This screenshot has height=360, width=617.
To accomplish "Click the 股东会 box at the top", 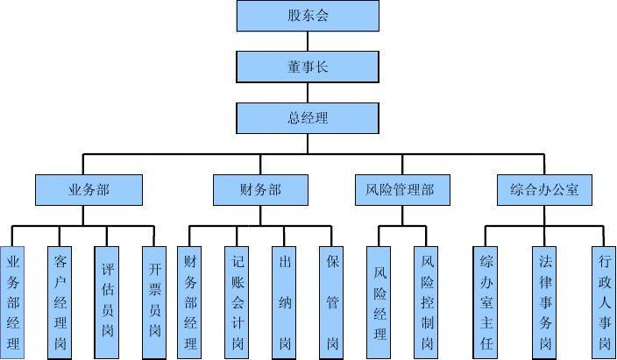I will tap(308, 16).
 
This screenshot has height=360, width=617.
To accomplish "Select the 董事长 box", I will tap(308, 66).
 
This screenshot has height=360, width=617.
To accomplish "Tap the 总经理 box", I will tap(308, 116).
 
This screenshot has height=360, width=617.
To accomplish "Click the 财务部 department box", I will tap(260, 189).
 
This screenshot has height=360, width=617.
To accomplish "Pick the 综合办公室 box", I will tap(544, 189).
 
